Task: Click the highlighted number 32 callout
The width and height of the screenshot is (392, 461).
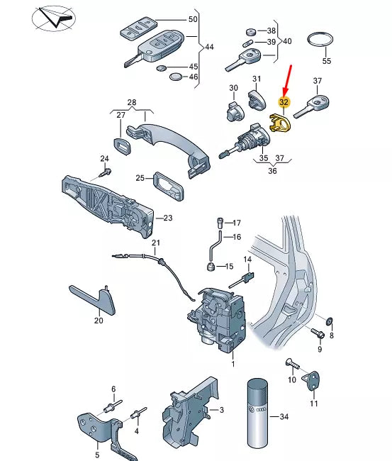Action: [x=284, y=102]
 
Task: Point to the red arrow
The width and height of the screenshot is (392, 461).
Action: [x=287, y=80]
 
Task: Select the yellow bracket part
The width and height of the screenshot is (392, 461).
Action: [x=280, y=123]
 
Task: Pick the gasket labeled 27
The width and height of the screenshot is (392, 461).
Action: [x=122, y=146]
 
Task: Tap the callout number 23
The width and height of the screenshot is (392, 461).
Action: [x=168, y=218]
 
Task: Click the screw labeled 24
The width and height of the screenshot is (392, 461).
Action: [x=105, y=172]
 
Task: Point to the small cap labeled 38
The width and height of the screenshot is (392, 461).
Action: [x=251, y=31]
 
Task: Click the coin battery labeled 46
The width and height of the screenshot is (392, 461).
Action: [x=176, y=77]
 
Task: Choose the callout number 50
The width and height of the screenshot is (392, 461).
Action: [x=193, y=19]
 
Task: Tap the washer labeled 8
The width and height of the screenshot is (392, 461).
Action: [x=330, y=321]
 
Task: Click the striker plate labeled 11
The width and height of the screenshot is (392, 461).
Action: [x=311, y=380]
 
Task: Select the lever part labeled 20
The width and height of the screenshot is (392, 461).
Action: [x=94, y=300]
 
